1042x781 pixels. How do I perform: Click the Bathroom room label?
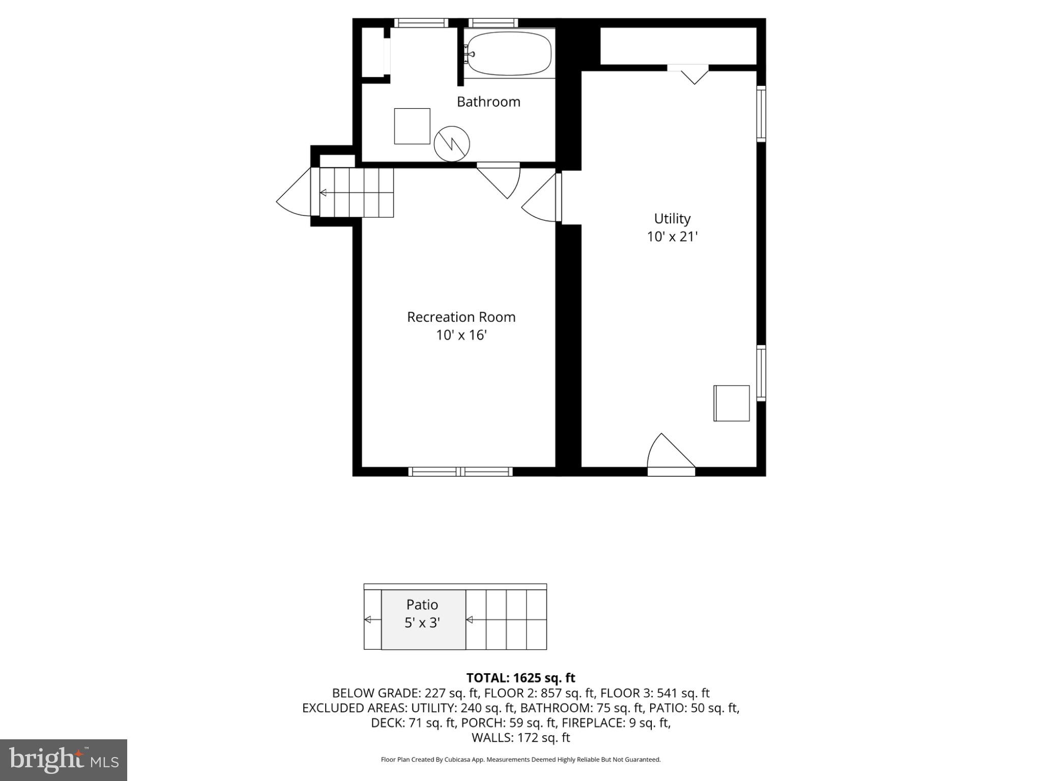point(488,102)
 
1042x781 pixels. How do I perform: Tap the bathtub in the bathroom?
point(509,53)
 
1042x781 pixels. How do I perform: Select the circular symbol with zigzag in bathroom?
point(452,144)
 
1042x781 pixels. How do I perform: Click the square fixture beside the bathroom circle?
point(412,126)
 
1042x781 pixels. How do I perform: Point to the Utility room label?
point(672,219)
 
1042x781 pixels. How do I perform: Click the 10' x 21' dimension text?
point(672,237)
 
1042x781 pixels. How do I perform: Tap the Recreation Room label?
point(461,317)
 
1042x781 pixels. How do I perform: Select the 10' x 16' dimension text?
point(461,336)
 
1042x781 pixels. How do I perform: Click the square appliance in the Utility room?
point(732,403)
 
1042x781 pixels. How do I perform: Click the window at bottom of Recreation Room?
point(460,472)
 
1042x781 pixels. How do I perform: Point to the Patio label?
point(422,605)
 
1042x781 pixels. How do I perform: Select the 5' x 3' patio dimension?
point(422,623)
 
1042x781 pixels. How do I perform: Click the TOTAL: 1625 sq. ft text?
point(520,678)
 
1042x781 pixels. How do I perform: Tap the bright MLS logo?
point(64,760)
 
